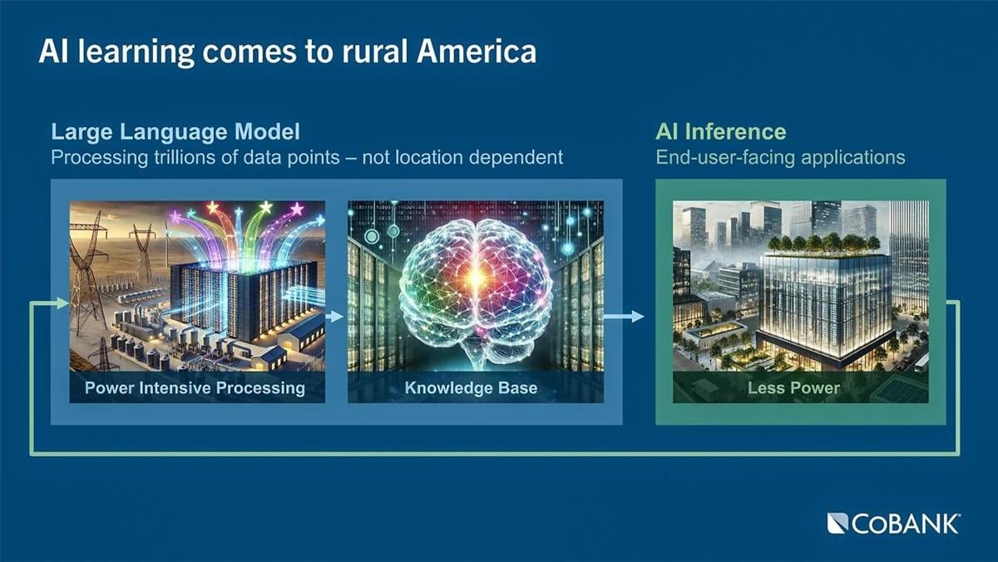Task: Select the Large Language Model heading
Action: coord(175,131)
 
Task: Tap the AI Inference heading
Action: coord(720,131)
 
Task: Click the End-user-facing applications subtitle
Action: coord(780,157)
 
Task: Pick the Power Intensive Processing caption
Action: coord(195,387)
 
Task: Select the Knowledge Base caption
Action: coord(471,387)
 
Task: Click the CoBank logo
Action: coord(893,524)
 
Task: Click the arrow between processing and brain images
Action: coord(335,316)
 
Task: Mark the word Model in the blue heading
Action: coord(269,131)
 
